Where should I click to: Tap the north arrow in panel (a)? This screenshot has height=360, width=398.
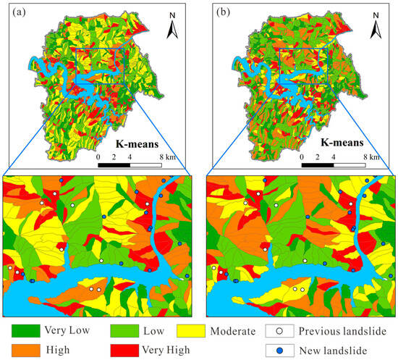[x=173, y=28]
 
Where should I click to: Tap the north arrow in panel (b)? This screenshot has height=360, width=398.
[x=376, y=28]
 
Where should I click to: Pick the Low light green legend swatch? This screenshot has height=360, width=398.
[x=125, y=332]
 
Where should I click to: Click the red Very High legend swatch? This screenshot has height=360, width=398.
[x=125, y=350]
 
